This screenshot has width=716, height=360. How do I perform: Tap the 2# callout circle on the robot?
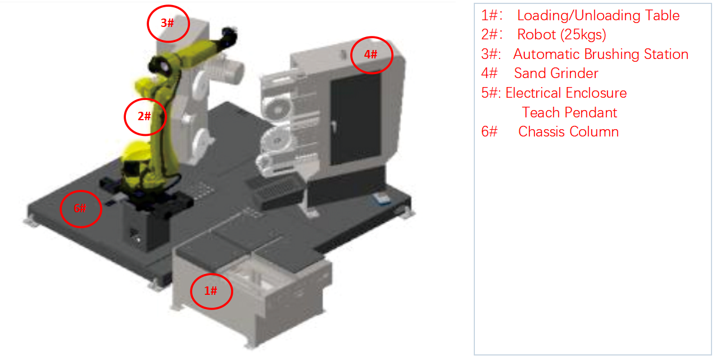pos(125,117)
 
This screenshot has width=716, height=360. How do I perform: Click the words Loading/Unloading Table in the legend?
pos(598,15)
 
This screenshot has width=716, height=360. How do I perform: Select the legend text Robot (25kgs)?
pos(561,34)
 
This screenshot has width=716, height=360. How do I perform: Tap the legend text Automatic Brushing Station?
pos(601,54)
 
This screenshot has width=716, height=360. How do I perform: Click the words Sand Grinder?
pos(556,73)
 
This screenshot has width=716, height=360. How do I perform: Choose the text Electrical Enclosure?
pos(566,93)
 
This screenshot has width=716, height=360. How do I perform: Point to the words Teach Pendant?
pos(569,112)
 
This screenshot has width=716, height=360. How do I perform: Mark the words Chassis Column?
pos(568,131)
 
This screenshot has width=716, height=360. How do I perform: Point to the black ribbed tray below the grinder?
pos(275,192)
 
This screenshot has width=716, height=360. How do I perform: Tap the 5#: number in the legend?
pos(491,93)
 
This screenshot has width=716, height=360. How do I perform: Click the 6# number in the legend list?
pos(490,131)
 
